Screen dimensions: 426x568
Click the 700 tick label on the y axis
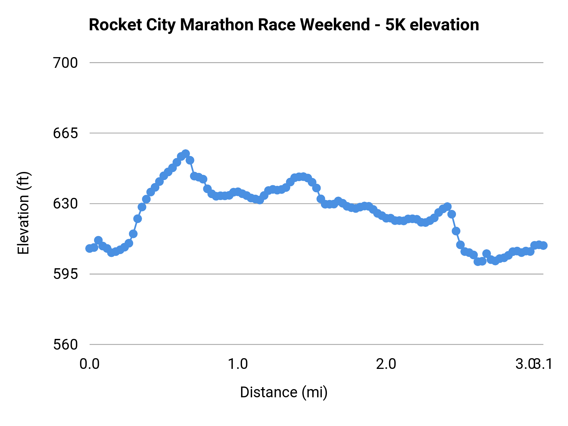[x=65, y=63]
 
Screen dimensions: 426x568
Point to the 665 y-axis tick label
[x=65, y=133]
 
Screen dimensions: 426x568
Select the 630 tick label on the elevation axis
[x=65, y=204]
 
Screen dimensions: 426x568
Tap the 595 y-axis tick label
[x=65, y=274]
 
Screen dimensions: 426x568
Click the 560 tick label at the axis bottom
[x=65, y=344]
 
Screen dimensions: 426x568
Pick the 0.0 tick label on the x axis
[x=90, y=364]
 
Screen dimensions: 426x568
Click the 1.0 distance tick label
[x=238, y=364]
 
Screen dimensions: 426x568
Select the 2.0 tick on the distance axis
[x=386, y=364]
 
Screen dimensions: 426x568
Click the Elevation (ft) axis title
[x=23, y=213]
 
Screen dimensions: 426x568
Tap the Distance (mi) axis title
[x=284, y=392]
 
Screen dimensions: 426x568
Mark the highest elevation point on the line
[x=186, y=154]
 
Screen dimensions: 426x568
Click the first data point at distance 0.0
[x=90, y=248]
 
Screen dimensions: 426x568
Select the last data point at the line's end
[x=543, y=246]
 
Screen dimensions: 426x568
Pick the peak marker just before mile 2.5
[x=447, y=207]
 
